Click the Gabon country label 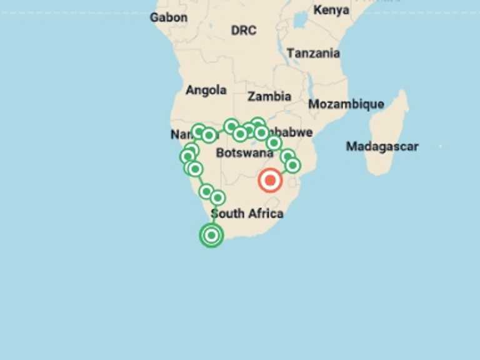click(x=168, y=17)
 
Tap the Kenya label click(x=331, y=10)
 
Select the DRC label click(x=243, y=30)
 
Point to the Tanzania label click(x=313, y=53)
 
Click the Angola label click(x=206, y=90)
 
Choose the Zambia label click(x=269, y=96)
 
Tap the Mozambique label click(x=346, y=104)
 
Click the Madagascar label click(x=382, y=146)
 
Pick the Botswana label click(x=244, y=153)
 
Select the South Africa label click(x=247, y=214)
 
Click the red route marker click(x=270, y=181)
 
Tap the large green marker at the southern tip click(x=212, y=235)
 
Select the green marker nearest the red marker click(x=292, y=165)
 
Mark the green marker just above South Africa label click(x=217, y=197)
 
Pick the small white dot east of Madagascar click(x=440, y=146)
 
